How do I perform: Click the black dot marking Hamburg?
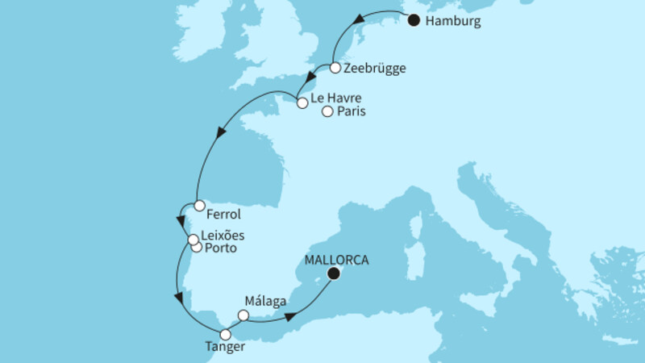tap(414, 21)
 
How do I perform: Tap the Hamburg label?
tap(453, 23)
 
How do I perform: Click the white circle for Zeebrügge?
tap(335, 69)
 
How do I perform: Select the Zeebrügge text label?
tap(374, 69)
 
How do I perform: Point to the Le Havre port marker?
tap(302, 102)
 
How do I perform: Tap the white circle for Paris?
tap(327, 112)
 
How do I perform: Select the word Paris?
tap(352, 113)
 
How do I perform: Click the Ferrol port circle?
tap(199, 206)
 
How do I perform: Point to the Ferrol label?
tap(223, 215)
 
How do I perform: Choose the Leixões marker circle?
tap(193, 240)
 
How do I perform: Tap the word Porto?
tap(221, 248)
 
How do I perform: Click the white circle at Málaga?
tap(243, 315)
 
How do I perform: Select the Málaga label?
tap(264, 299)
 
